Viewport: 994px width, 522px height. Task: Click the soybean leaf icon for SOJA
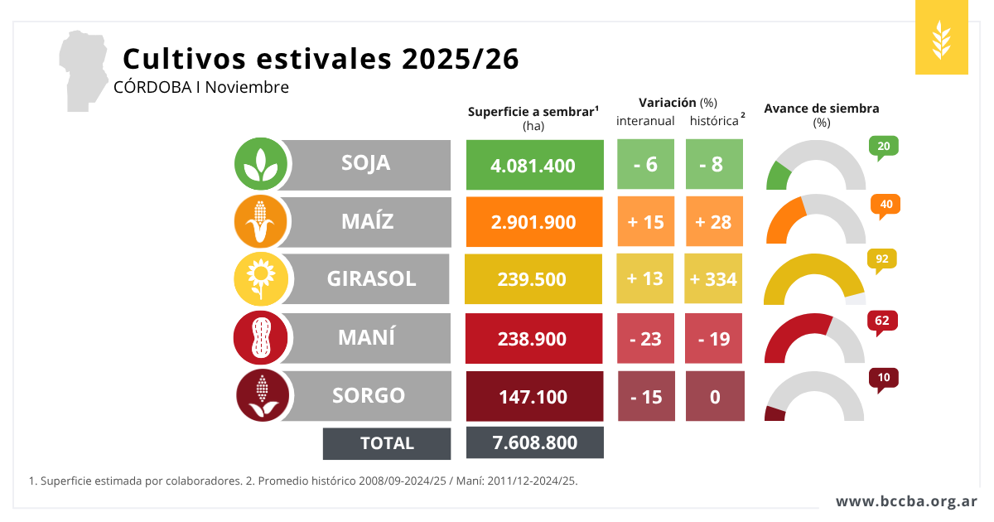point(262,163)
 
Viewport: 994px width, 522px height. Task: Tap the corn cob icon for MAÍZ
point(262,221)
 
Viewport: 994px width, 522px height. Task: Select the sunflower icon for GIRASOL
point(262,279)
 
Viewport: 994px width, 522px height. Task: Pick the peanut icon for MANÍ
point(262,337)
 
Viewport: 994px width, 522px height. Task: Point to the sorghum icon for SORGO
point(262,395)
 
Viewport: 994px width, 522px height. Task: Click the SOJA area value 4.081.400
point(533,165)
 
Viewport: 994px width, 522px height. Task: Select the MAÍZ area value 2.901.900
point(533,222)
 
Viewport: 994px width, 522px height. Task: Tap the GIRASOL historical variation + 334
point(714,278)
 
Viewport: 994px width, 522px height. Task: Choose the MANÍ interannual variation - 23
point(645,338)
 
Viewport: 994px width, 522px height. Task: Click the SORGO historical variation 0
point(715,396)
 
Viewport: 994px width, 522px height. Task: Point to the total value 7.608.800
point(534,442)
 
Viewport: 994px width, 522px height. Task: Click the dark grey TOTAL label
point(387,443)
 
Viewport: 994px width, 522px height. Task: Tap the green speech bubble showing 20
point(884,147)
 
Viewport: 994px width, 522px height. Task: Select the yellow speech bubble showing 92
point(881,259)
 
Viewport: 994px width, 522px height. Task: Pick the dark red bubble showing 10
point(884,378)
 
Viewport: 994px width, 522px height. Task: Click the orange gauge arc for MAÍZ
point(784,220)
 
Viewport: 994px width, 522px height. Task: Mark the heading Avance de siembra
point(821,109)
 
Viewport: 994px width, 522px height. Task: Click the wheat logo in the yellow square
point(941,38)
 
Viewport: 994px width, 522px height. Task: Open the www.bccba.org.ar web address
point(906,501)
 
